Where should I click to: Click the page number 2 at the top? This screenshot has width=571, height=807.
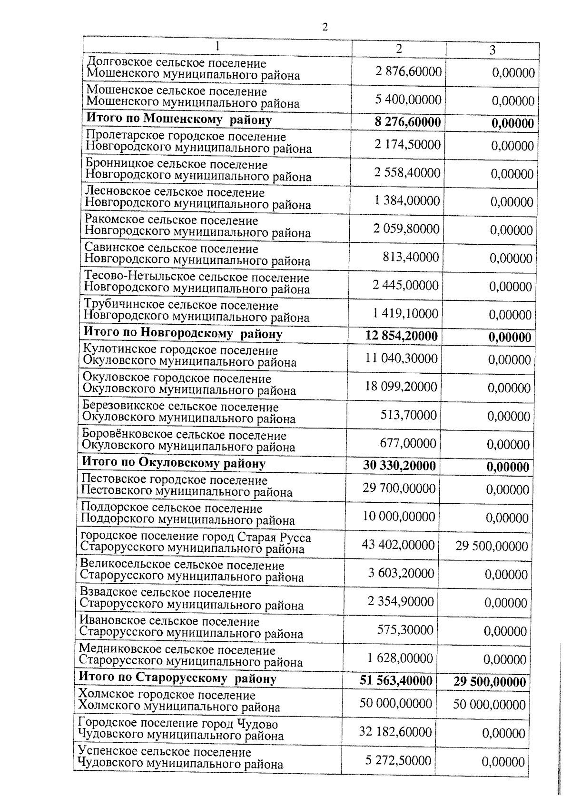point(325,27)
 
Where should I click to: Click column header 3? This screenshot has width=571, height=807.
point(492,50)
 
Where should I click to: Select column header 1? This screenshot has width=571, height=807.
point(217,46)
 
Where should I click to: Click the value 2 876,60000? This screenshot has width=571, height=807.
point(408,72)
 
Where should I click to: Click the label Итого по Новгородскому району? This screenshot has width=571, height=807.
point(183,334)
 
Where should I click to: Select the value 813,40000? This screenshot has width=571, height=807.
point(411,258)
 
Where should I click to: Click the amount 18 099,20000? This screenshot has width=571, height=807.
point(401,387)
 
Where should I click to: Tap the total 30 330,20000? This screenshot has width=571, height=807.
point(399,466)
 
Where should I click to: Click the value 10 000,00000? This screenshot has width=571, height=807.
point(399,517)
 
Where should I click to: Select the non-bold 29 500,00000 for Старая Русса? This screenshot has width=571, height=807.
point(492,546)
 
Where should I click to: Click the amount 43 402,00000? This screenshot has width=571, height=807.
point(398,545)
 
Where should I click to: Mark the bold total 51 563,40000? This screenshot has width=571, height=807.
point(396,681)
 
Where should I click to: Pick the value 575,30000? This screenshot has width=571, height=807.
point(405,630)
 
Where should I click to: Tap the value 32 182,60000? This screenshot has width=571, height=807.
point(395,732)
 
